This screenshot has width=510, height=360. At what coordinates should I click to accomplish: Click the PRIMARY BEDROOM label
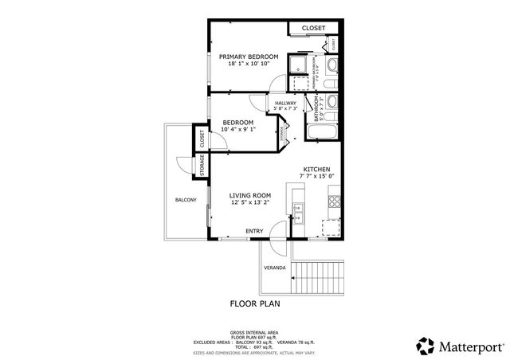pos(249,57)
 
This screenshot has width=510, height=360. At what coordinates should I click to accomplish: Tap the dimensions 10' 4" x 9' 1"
pos(237,129)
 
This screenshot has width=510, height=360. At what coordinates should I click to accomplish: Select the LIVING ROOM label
pos(250,195)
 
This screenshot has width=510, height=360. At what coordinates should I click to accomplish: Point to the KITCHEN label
pos(317,169)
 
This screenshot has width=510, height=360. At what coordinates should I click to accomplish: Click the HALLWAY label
pos(285,103)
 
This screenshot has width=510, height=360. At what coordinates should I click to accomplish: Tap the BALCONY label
pos(186,200)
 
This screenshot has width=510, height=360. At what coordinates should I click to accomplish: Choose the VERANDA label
pos(275,268)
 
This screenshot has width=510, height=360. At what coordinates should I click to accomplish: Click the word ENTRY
pos(254,231)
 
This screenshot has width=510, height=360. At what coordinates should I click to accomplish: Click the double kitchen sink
pos(298,210)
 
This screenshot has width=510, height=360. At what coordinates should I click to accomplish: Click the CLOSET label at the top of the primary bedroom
pos(312,29)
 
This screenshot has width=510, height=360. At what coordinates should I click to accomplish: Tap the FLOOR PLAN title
pos(255,303)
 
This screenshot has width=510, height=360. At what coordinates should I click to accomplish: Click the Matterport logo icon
pos(424,345)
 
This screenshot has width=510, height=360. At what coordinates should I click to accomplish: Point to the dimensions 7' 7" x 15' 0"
pos(318,177)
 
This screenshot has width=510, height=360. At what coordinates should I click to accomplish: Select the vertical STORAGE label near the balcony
pos(202,166)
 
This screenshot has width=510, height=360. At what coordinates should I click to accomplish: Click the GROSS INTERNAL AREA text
pos(255,331)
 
